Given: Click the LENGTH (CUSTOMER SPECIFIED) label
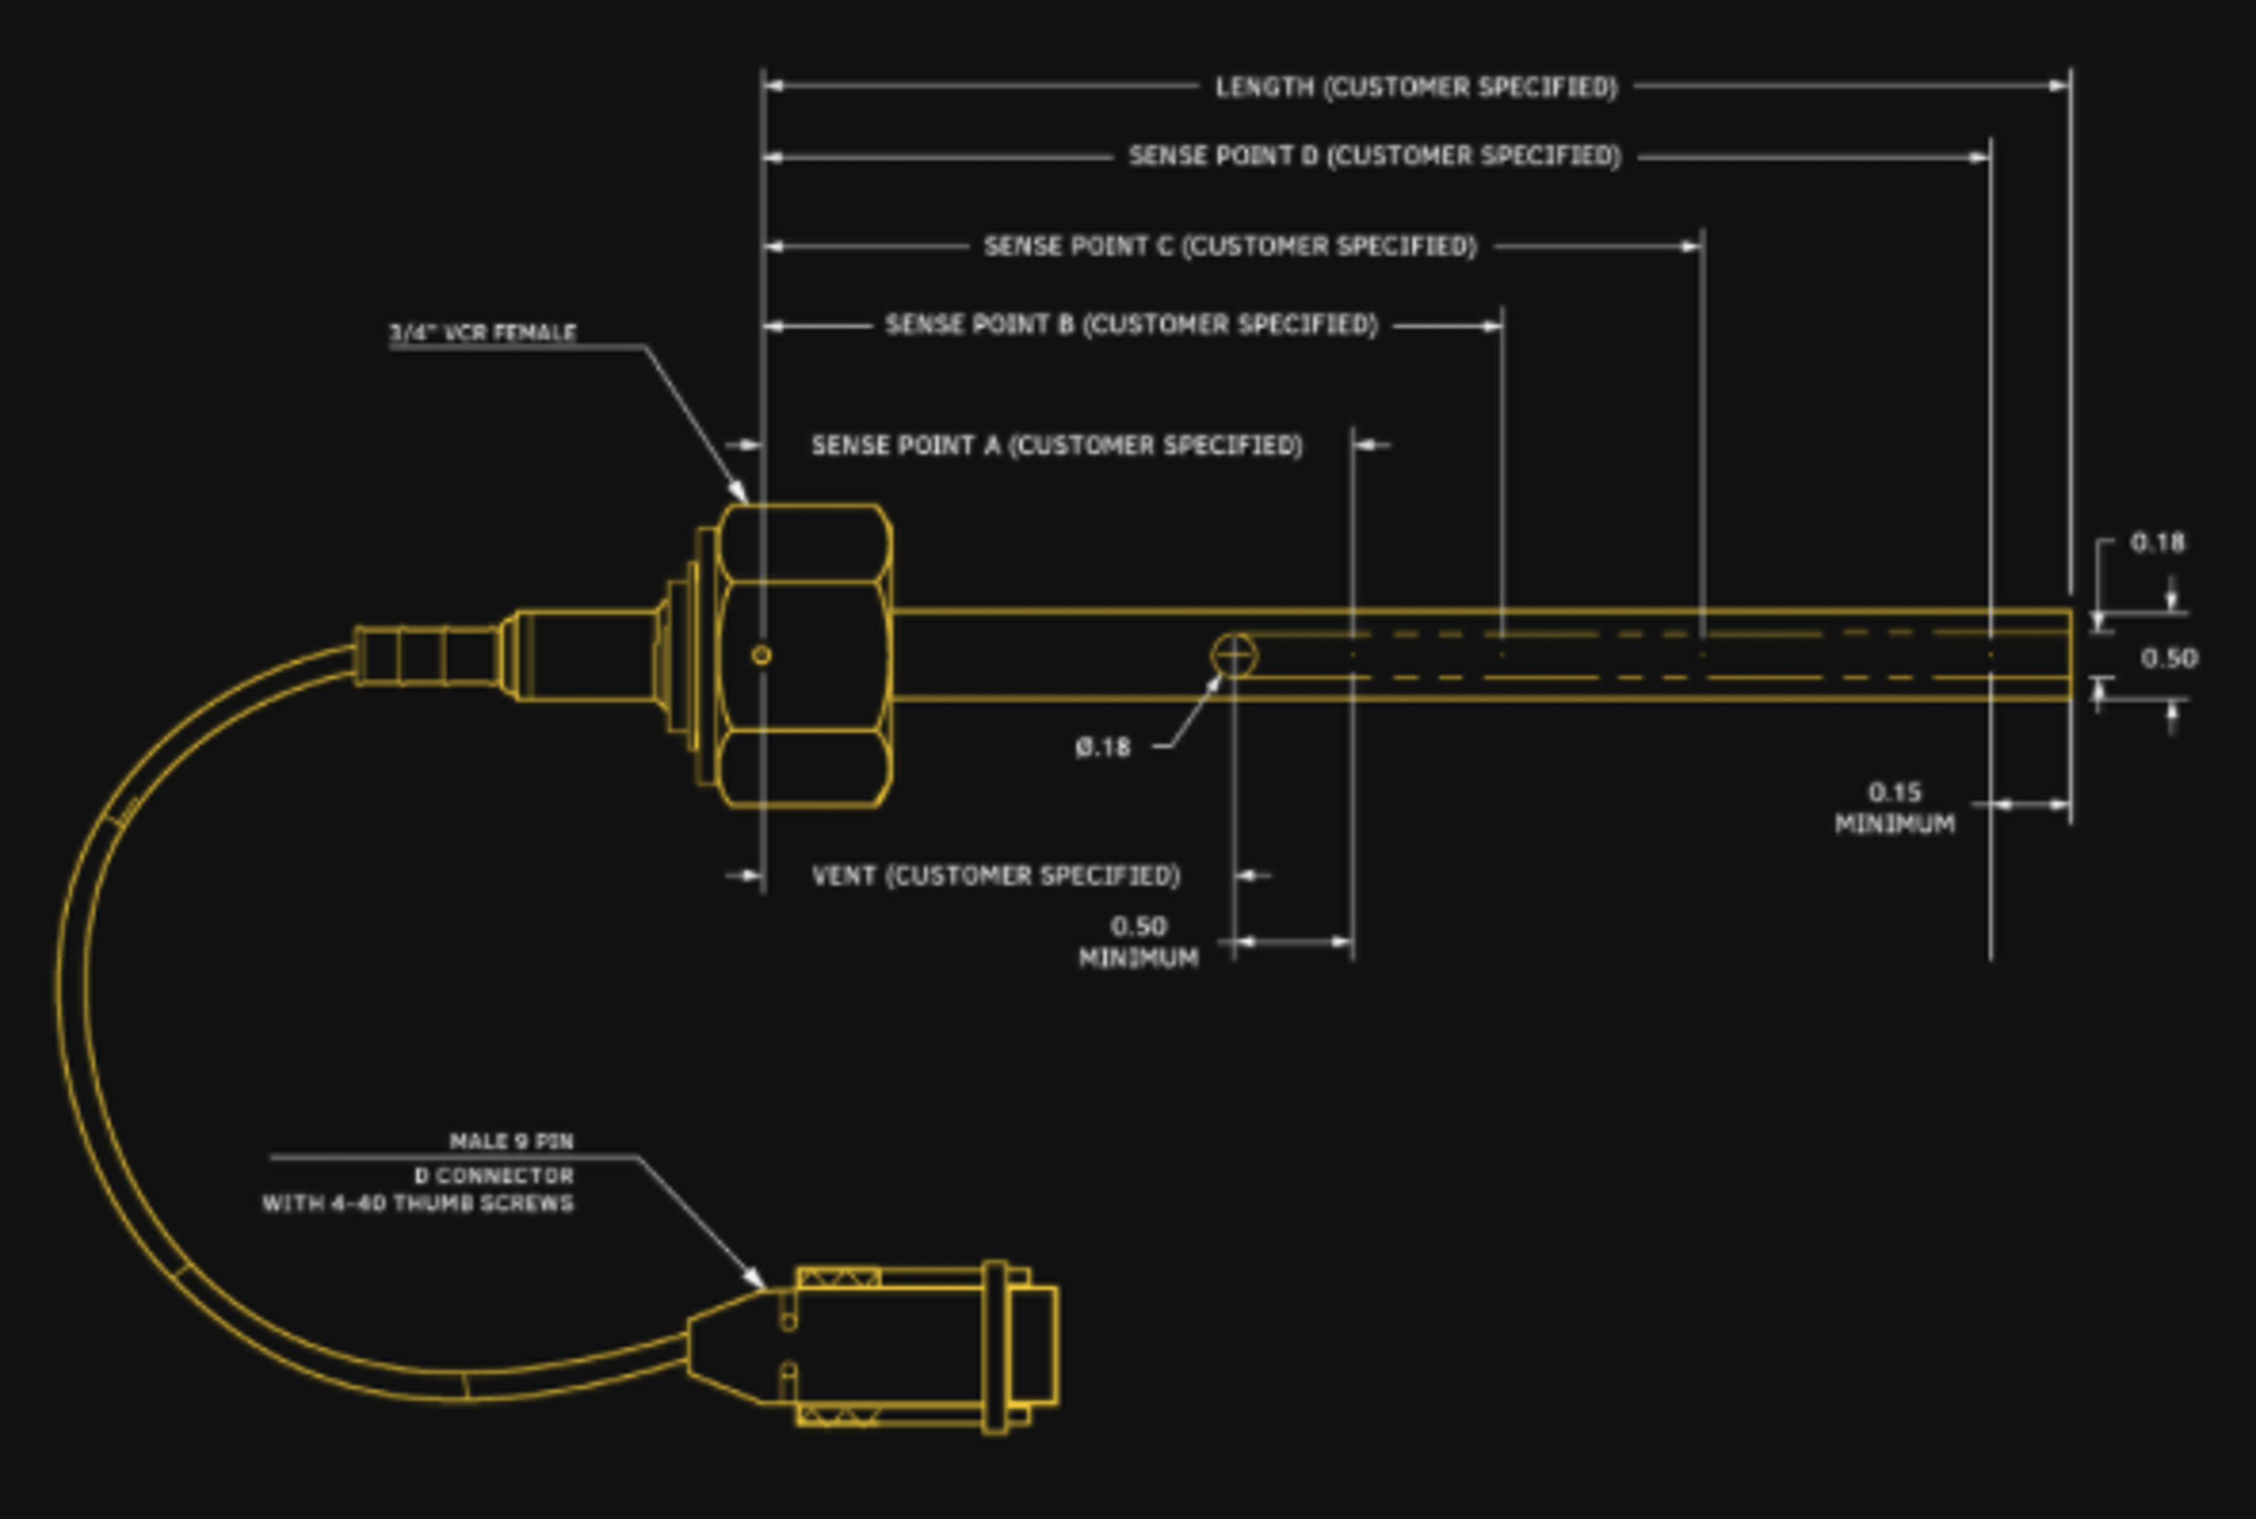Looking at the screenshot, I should [x=1416, y=87].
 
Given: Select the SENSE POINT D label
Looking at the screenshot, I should [x=1374, y=156].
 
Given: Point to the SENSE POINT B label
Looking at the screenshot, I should [x=1130, y=324].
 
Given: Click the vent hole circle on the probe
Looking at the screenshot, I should [x=1234, y=656].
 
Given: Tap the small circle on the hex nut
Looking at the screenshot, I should [x=761, y=656].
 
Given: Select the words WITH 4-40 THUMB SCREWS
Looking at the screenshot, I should [x=418, y=1204].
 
